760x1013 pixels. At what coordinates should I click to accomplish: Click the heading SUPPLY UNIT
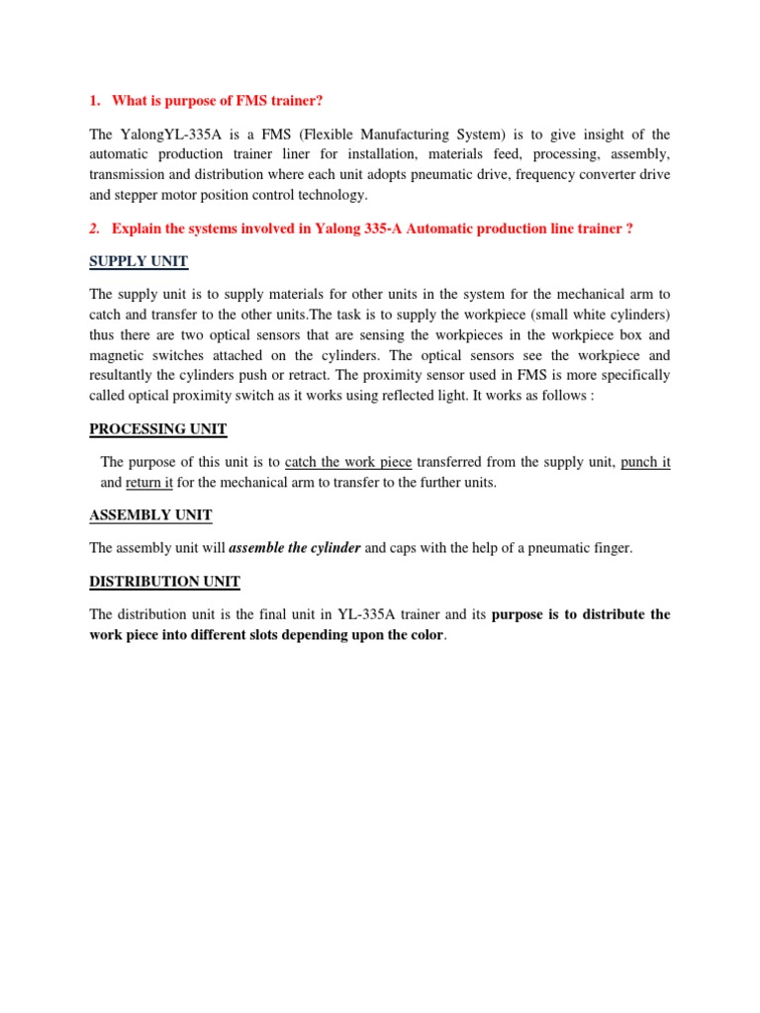pos(139,261)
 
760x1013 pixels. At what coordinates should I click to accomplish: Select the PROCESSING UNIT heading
pos(158,429)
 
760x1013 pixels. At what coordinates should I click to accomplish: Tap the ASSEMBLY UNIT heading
pos(150,515)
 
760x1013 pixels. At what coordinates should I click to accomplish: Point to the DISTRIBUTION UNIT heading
pos(164,582)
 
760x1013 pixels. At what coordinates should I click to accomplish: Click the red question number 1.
pos(94,100)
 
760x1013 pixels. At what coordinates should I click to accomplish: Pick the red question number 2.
pos(94,229)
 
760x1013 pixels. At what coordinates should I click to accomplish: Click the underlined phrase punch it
pos(645,463)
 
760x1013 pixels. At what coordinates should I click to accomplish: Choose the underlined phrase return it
pos(148,484)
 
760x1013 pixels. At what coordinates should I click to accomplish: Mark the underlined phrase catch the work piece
pos(348,463)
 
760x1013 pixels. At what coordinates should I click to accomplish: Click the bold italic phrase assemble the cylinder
pos(295,547)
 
